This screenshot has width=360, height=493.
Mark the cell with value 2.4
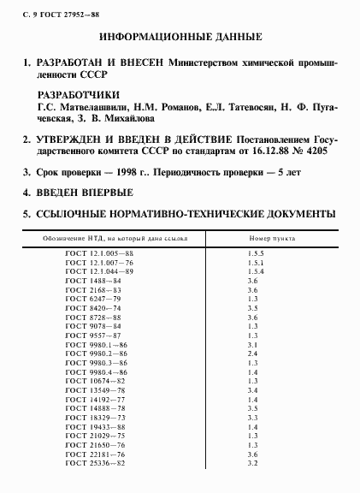coord(252,353)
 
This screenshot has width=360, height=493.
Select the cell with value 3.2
coord(252,463)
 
